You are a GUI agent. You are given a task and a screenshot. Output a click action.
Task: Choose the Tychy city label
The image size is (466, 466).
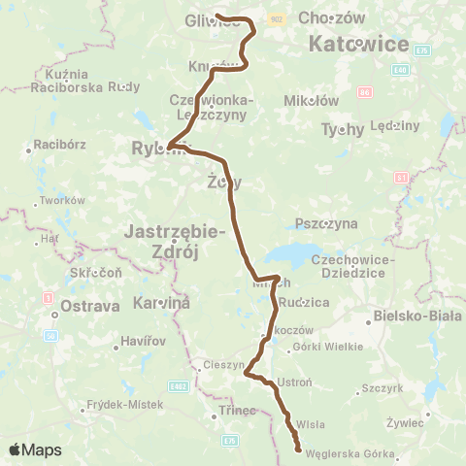tap(342, 129)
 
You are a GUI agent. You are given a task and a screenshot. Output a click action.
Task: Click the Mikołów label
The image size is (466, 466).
tap(311, 100)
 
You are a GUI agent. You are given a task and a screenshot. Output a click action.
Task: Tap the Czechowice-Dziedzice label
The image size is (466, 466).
tap(352, 266)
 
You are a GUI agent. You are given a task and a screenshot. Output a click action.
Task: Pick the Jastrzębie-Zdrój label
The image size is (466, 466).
tap(176, 241)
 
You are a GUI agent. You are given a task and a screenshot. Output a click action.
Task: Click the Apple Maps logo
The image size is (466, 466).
tap(35, 449)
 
